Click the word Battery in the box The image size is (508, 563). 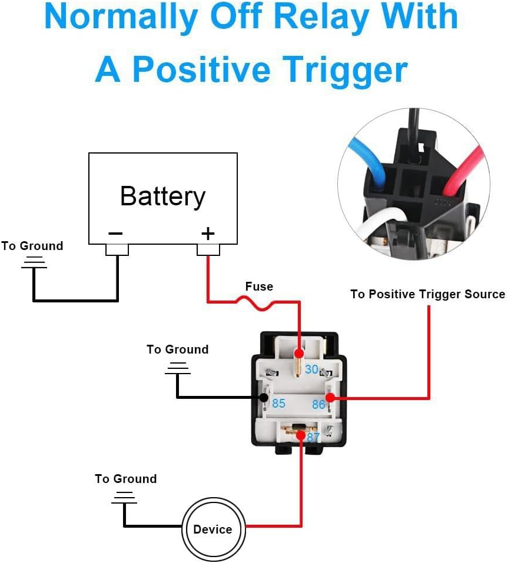point(162,196)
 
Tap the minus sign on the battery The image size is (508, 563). point(115,234)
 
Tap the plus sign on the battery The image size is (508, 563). point(208,234)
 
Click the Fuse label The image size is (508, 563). point(259,287)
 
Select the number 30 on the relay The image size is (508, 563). point(311,369)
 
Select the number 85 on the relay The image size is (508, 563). point(278,404)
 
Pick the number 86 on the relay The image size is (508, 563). point(318,404)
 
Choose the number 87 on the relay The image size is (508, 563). point(313,438)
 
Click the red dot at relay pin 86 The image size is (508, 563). point(330,398)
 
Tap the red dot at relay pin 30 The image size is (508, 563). point(299,354)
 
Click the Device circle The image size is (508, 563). point(213,528)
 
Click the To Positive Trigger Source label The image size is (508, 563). point(427,294)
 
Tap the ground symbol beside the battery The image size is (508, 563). point(34,263)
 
